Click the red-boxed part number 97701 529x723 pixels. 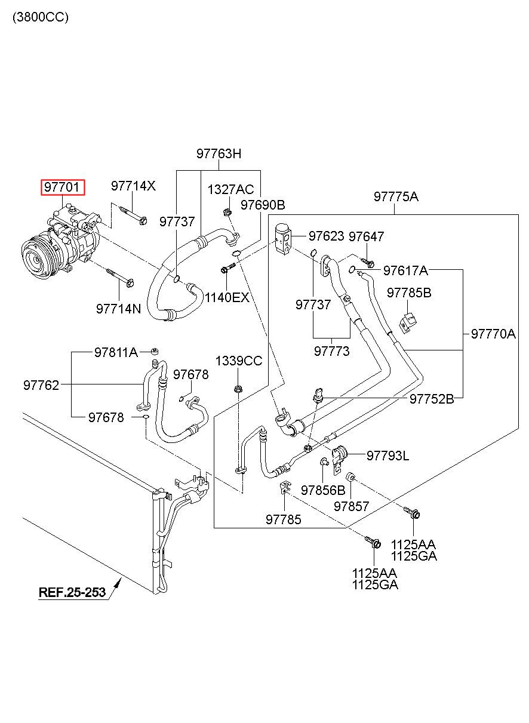tap(62, 187)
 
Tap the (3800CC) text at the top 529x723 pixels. tap(41, 17)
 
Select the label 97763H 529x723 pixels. tap(219, 153)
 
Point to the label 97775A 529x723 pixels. tap(396, 196)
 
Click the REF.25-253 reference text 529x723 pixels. tap(72, 592)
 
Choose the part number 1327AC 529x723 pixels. tap(230, 189)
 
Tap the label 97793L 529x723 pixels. tap(387, 456)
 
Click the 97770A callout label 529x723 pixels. tap(493, 334)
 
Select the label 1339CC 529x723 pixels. tap(239, 361)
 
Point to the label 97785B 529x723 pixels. tap(409, 293)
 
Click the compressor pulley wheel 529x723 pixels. tap(35, 258)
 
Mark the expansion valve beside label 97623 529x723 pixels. tap(283, 239)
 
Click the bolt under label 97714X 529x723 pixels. tap(133, 216)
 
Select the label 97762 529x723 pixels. tap(41, 386)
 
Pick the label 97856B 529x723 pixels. tap(323, 490)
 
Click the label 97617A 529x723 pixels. tap(405, 270)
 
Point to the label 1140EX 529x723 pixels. tap(227, 297)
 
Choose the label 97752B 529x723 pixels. tap(432, 399)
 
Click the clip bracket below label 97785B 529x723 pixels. tap(408, 323)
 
